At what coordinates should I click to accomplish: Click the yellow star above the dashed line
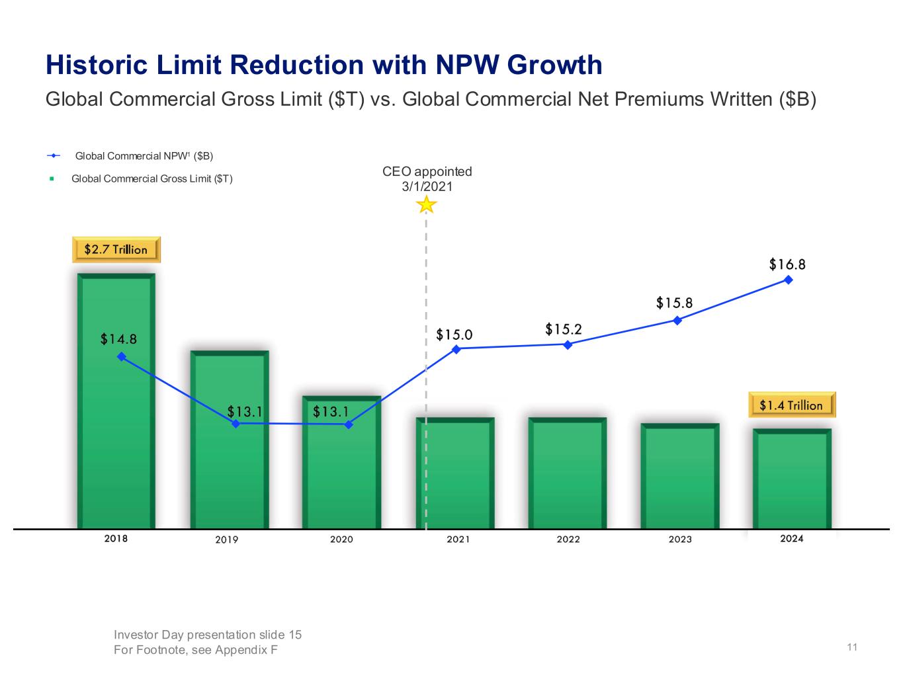[x=427, y=204]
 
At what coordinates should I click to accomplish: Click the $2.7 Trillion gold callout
[x=116, y=249]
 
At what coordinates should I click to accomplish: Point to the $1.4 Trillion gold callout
[x=791, y=405]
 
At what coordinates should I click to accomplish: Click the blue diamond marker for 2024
[x=789, y=280]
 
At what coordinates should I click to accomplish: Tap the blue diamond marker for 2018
[x=121, y=356]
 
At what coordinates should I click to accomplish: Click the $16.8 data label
[x=787, y=264]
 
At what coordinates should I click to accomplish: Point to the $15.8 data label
[x=674, y=303]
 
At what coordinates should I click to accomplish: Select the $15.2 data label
[x=564, y=329]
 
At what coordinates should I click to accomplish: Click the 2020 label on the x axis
[x=341, y=539]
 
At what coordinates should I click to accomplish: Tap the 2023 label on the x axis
[x=680, y=539]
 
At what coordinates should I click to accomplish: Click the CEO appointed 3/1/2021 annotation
[x=427, y=179]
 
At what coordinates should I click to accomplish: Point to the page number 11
[x=852, y=647]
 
